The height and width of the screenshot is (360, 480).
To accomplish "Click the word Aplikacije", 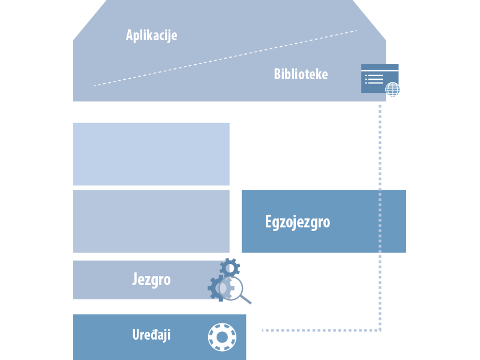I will coord(151,35).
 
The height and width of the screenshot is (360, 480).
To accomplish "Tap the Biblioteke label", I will coord(301,74).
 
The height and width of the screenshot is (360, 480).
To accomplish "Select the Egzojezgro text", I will coord(298,222).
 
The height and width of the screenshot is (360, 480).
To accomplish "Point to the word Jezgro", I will coord(151,280).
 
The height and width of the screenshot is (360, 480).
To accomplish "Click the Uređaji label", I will coord(151,335).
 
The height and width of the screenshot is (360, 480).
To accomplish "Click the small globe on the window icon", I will coord(393,90).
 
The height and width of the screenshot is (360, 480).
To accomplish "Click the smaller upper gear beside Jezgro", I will coord(229,268).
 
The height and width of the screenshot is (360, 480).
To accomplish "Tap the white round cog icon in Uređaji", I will coord(221,337).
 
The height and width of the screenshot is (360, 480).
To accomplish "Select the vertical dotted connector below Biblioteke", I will coord(380,210).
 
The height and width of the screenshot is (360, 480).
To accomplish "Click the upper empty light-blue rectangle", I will coord(151,154).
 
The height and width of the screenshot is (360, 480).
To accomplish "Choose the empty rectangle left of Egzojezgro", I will coord(151,221).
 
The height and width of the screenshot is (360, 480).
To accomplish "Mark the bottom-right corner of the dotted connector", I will coord(380,330).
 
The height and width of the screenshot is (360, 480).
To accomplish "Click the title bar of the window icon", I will coord(380,67).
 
